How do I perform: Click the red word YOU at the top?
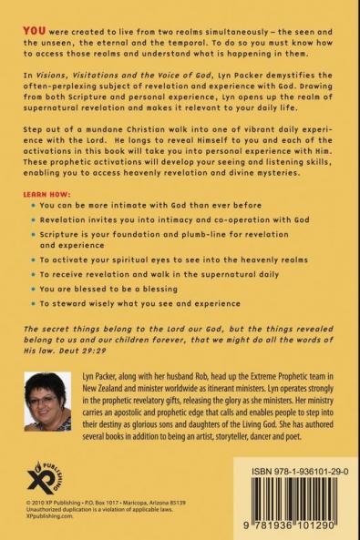click(x=33, y=18)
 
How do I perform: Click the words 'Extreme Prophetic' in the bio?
click(x=281, y=376)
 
